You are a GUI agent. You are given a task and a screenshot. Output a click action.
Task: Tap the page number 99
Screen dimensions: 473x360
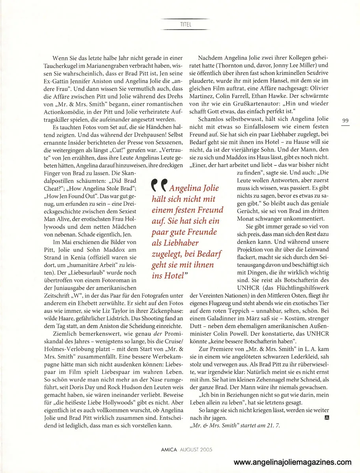coord(345,120)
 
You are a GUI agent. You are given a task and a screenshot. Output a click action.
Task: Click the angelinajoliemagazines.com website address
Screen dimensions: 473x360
coord(292,462)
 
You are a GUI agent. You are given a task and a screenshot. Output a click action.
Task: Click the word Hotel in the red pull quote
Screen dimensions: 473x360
coord(174,276)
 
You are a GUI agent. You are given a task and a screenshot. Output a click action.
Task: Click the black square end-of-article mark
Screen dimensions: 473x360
coord(325,417)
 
